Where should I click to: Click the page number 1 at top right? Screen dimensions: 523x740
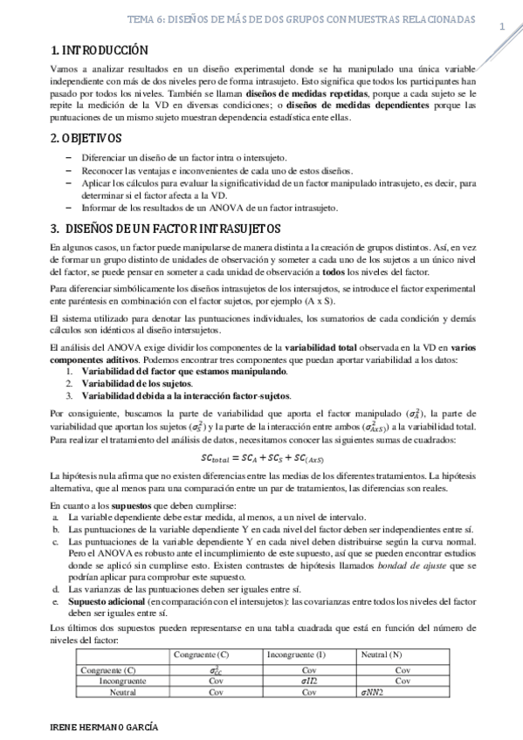[x=502, y=27]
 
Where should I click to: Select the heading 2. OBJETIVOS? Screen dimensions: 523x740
[x=86, y=139]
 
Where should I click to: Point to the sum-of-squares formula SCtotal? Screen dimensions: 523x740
[x=262, y=457]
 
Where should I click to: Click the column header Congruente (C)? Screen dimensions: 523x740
[x=202, y=654]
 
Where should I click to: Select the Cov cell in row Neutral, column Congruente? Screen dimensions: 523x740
[x=191, y=692]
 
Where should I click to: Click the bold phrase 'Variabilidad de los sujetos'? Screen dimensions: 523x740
[x=135, y=383]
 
